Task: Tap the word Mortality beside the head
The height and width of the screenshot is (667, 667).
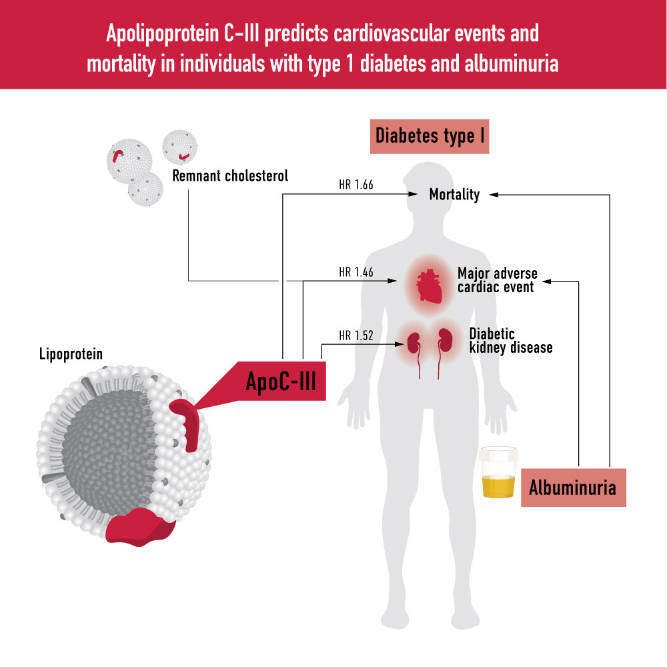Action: click(x=454, y=195)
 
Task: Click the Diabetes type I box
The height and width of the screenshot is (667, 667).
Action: click(x=430, y=136)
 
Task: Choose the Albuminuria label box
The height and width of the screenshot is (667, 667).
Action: click(x=572, y=488)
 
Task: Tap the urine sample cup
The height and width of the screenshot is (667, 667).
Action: click(x=497, y=474)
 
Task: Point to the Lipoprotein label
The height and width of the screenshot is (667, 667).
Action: click(x=71, y=354)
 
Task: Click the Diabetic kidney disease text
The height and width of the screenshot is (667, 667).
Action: click(x=510, y=340)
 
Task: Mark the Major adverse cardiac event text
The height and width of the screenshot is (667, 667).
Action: click(x=497, y=280)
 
